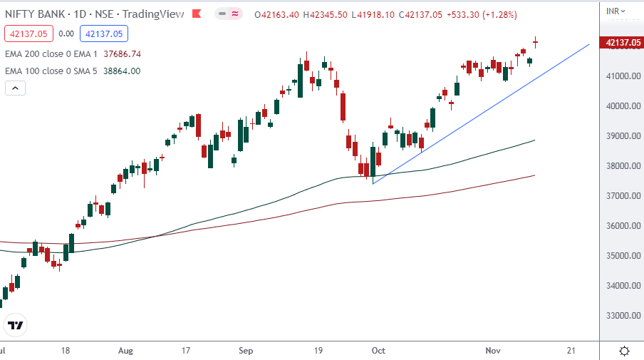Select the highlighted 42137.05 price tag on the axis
tap(621, 43)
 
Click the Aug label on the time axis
tap(125, 351)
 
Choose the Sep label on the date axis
tap(246, 351)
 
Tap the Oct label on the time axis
tap(378, 351)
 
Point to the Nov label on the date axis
tap(493, 351)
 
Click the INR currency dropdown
tap(615, 11)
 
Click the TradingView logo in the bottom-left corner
tap(15, 326)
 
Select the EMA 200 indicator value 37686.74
tap(122, 53)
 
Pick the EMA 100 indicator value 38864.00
tap(120, 71)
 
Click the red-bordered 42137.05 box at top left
tap(26, 33)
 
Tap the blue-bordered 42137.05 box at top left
tap(103, 33)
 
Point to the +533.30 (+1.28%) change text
tap(482, 14)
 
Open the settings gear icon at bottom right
tap(624, 351)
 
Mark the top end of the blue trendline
tap(589, 44)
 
